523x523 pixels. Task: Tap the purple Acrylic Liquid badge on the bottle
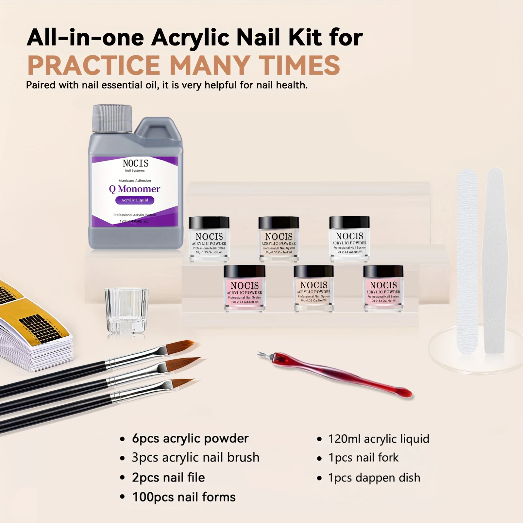[x=135, y=200]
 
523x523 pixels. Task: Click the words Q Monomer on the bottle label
[x=135, y=189]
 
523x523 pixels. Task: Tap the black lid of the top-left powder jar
[x=209, y=223]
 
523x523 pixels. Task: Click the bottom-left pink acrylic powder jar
[x=245, y=288]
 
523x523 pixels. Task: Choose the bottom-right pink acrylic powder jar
[x=383, y=288]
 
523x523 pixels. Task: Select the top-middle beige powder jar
[x=279, y=239]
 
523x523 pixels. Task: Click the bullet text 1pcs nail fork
[x=363, y=458]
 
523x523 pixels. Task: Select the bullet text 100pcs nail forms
[x=184, y=497]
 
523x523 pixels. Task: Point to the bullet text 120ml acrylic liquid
[x=379, y=439]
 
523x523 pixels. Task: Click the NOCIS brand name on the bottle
[x=135, y=163]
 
